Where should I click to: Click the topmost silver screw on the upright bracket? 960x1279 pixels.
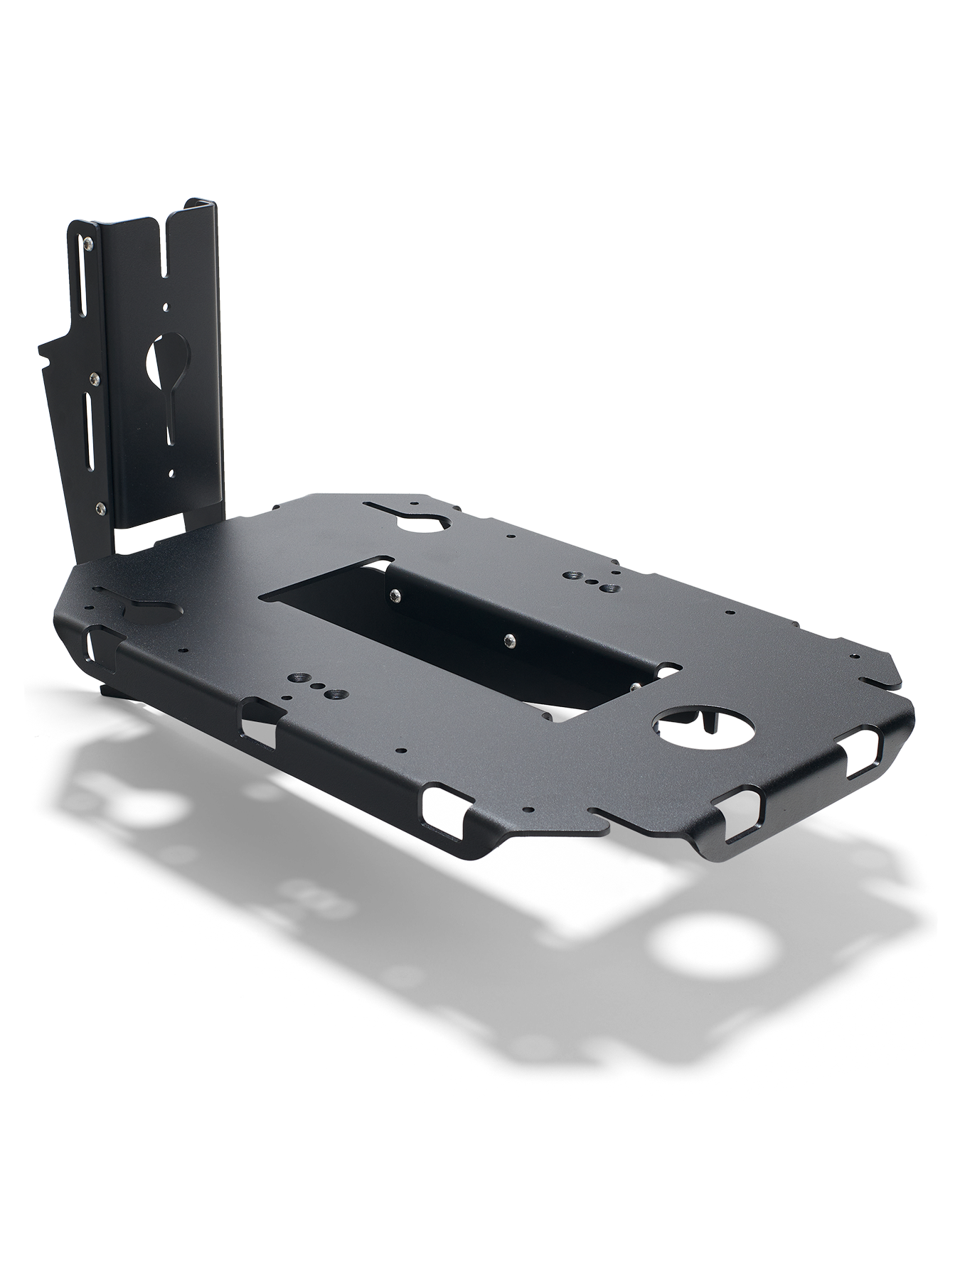[x=87, y=244]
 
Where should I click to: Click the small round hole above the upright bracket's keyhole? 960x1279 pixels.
[x=166, y=308]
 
